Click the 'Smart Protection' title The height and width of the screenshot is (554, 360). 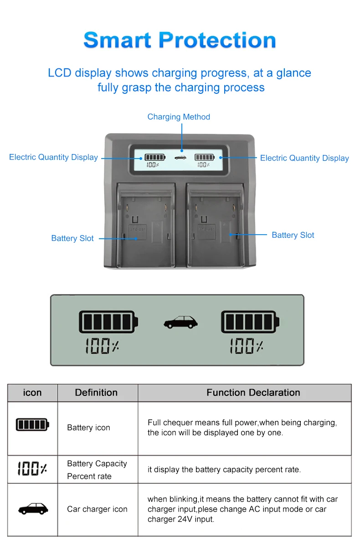180,40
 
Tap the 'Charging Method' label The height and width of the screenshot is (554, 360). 179,117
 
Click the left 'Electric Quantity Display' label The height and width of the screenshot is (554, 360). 53,157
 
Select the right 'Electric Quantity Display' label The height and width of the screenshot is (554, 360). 304,158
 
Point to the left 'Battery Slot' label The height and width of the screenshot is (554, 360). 72,238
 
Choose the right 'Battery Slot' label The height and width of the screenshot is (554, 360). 293,235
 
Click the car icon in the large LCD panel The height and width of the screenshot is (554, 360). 181,323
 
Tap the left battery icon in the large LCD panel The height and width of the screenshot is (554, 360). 108,322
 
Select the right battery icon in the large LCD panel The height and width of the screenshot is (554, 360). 249,322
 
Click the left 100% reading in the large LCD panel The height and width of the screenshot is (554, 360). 103,346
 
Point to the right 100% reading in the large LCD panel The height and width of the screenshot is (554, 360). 246,346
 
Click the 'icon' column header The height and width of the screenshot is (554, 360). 32,393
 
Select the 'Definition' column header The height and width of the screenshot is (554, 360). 96,393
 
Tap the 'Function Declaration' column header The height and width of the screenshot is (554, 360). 253,393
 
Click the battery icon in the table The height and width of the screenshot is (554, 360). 32,425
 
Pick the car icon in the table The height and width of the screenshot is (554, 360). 33,508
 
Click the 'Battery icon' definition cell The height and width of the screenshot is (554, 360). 89,427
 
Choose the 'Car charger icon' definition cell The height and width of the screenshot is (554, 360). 97,509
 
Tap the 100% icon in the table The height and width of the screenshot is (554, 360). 32,468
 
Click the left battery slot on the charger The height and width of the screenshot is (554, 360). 146,226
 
